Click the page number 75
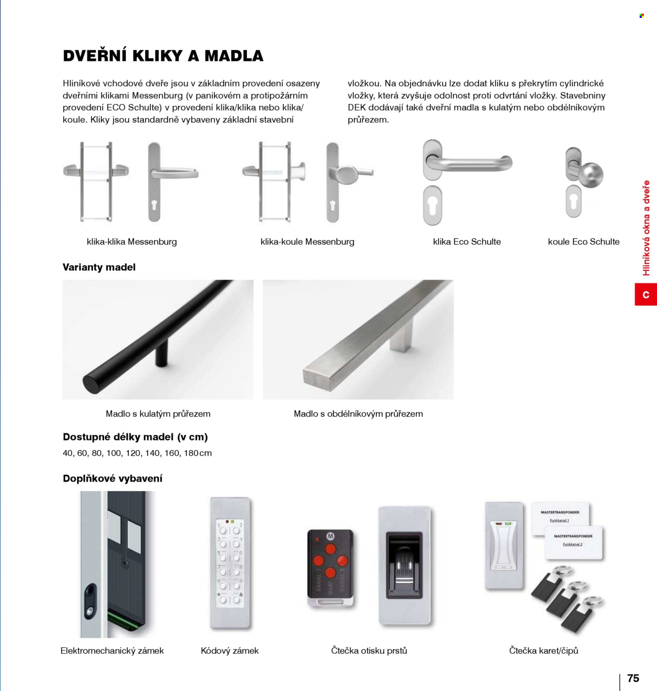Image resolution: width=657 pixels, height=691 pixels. click(633, 678)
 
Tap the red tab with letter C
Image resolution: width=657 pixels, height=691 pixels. click(646, 294)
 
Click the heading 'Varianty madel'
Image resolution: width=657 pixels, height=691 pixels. click(99, 267)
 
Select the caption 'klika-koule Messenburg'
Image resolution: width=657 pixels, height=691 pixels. click(307, 242)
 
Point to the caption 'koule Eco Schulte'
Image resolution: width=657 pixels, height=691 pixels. click(583, 242)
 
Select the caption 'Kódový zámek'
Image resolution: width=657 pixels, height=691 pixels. click(230, 651)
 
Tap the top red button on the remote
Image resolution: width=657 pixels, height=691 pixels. click(330, 549)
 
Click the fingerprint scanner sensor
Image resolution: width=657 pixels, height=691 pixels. click(404, 565)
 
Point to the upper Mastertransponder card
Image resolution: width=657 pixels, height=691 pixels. click(560, 518)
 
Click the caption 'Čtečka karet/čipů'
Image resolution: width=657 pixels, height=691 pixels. click(543, 651)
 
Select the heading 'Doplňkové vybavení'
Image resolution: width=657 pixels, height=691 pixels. click(112, 478)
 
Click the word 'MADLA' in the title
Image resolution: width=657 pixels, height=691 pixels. click(234, 56)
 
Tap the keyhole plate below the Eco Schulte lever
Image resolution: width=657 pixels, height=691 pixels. click(433, 206)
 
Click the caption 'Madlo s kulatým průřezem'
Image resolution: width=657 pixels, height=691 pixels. click(158, 414)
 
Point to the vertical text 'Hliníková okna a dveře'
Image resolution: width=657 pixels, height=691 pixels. click(646, 228)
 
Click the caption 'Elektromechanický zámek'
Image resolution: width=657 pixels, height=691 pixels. click(112, 651)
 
